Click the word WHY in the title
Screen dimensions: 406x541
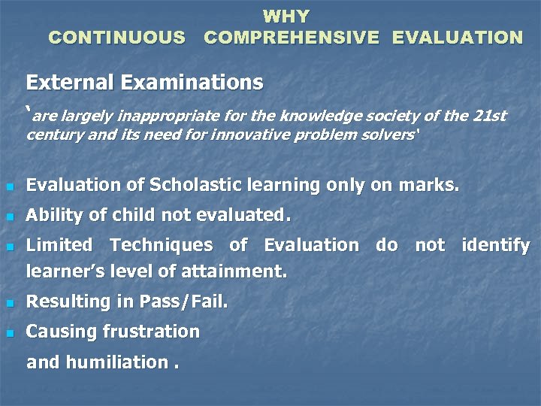click(x=286, y=16)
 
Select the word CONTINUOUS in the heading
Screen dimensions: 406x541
click(x=116, y=37)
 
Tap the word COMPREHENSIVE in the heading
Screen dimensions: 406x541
click(x=292, y=37)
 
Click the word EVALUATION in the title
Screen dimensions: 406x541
click(x=458, y=37)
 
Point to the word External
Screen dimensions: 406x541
click(x=65, y=82)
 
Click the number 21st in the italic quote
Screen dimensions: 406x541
click(x=491, y=117)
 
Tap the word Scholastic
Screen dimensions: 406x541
click(x=195, y=185)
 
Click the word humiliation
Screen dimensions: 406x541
click(x=118, y=362)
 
